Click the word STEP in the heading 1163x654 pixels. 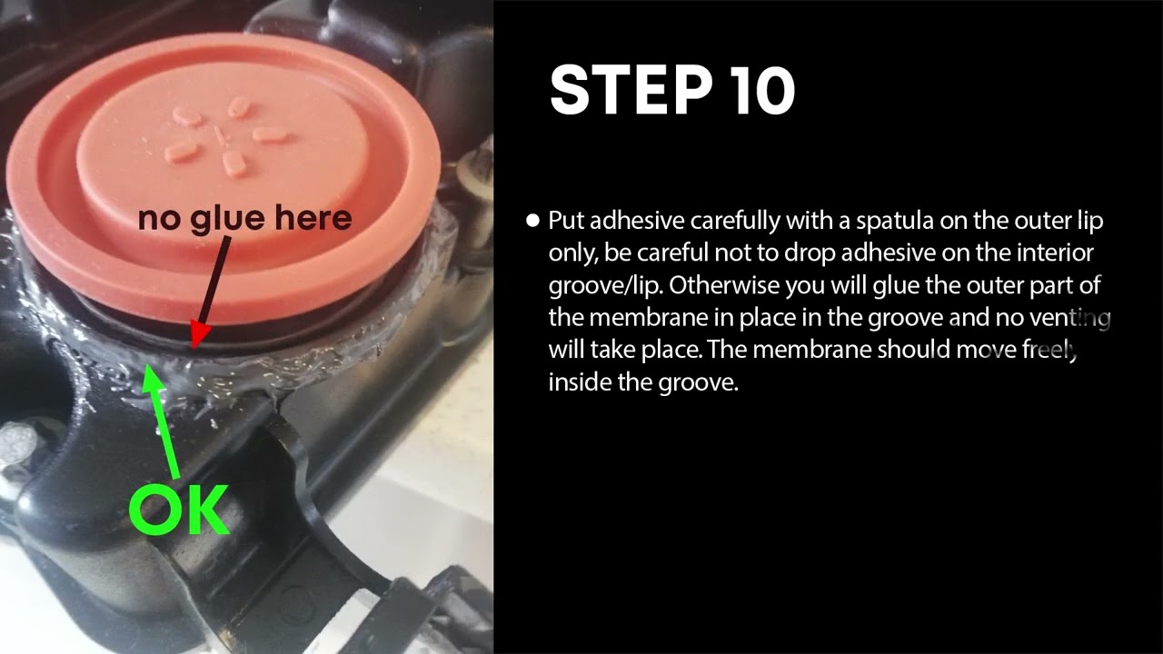(x=631, y=90)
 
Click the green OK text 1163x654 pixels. (x=178, y=510)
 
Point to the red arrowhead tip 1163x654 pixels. (x=194, y=347)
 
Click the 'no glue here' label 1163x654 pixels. (x=244, y=218)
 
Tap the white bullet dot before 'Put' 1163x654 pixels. (x=532, y=221)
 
